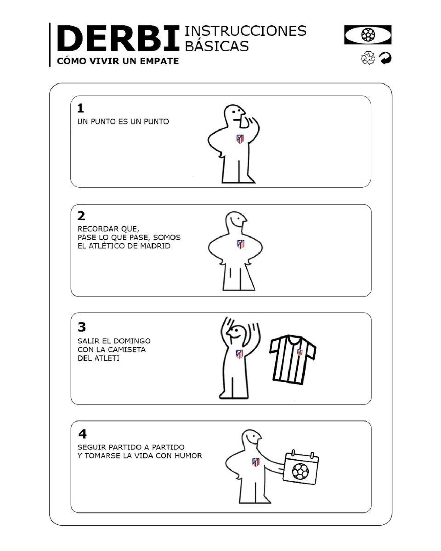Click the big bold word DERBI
point(118,39)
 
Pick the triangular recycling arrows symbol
point(368,58)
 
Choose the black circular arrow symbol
point(385,58)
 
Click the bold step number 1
point(80,108)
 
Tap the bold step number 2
point(81,216)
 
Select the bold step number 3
point(81,327)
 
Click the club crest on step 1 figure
point(240,139)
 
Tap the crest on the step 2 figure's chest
point(240,244)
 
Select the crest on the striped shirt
point(300,352)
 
